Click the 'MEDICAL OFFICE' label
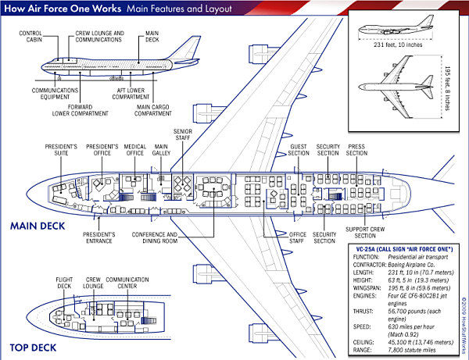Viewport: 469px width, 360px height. pos(136,151)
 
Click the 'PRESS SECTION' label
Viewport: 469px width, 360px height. pos(356,151)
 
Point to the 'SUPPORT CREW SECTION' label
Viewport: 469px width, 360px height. pos(371,232)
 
